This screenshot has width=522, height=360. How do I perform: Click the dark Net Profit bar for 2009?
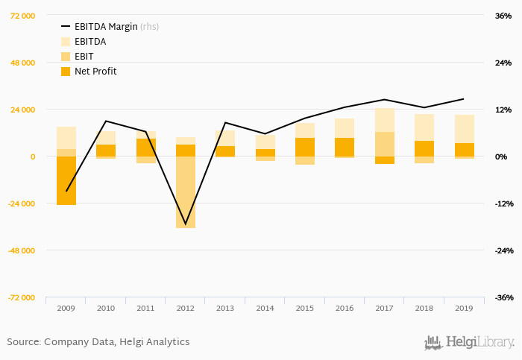pyautogui.click(x=66, y=180)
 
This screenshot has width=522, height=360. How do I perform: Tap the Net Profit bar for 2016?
pyautogui.click(x=345, y=147)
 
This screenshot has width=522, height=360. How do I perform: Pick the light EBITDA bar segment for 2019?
pyautogui.click(x=465, y=128)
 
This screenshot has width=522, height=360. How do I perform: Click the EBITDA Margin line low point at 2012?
pyautogui.click(x=186, y=224)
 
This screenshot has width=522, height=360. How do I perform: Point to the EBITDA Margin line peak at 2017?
pyautogui.click(x=385, y=99)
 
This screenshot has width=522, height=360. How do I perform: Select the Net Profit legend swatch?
pyautogui.click(x=66, y=72)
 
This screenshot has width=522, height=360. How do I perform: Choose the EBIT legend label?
pyautogui.click(x=85, y=57)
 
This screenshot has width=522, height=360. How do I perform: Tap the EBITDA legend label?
pyautogui.click(x=90, y=42)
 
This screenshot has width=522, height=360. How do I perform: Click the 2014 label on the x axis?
pyautogui.click(x=265, y=308)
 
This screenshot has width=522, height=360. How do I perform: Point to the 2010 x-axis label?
pyautogui.click(x=106, y=308)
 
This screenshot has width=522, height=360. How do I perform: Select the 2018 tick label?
pyautogui.click(x=424, y=308)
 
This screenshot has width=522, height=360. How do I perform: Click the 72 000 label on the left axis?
pyautogui.click(x=22, y=16)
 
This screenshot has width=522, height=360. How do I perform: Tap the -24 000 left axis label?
pyautogui.click(x=22, y=203)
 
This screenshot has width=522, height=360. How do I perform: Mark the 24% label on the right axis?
pyautogui.click(x=503, y=63)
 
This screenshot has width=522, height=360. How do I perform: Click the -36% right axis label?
pyautogui.click(x=503, y=297)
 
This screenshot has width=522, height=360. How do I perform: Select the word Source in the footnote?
pyautogui.click(x=23, y=342)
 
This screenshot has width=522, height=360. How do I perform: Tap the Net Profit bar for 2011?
pyautogui.click(x=146, y=147)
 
